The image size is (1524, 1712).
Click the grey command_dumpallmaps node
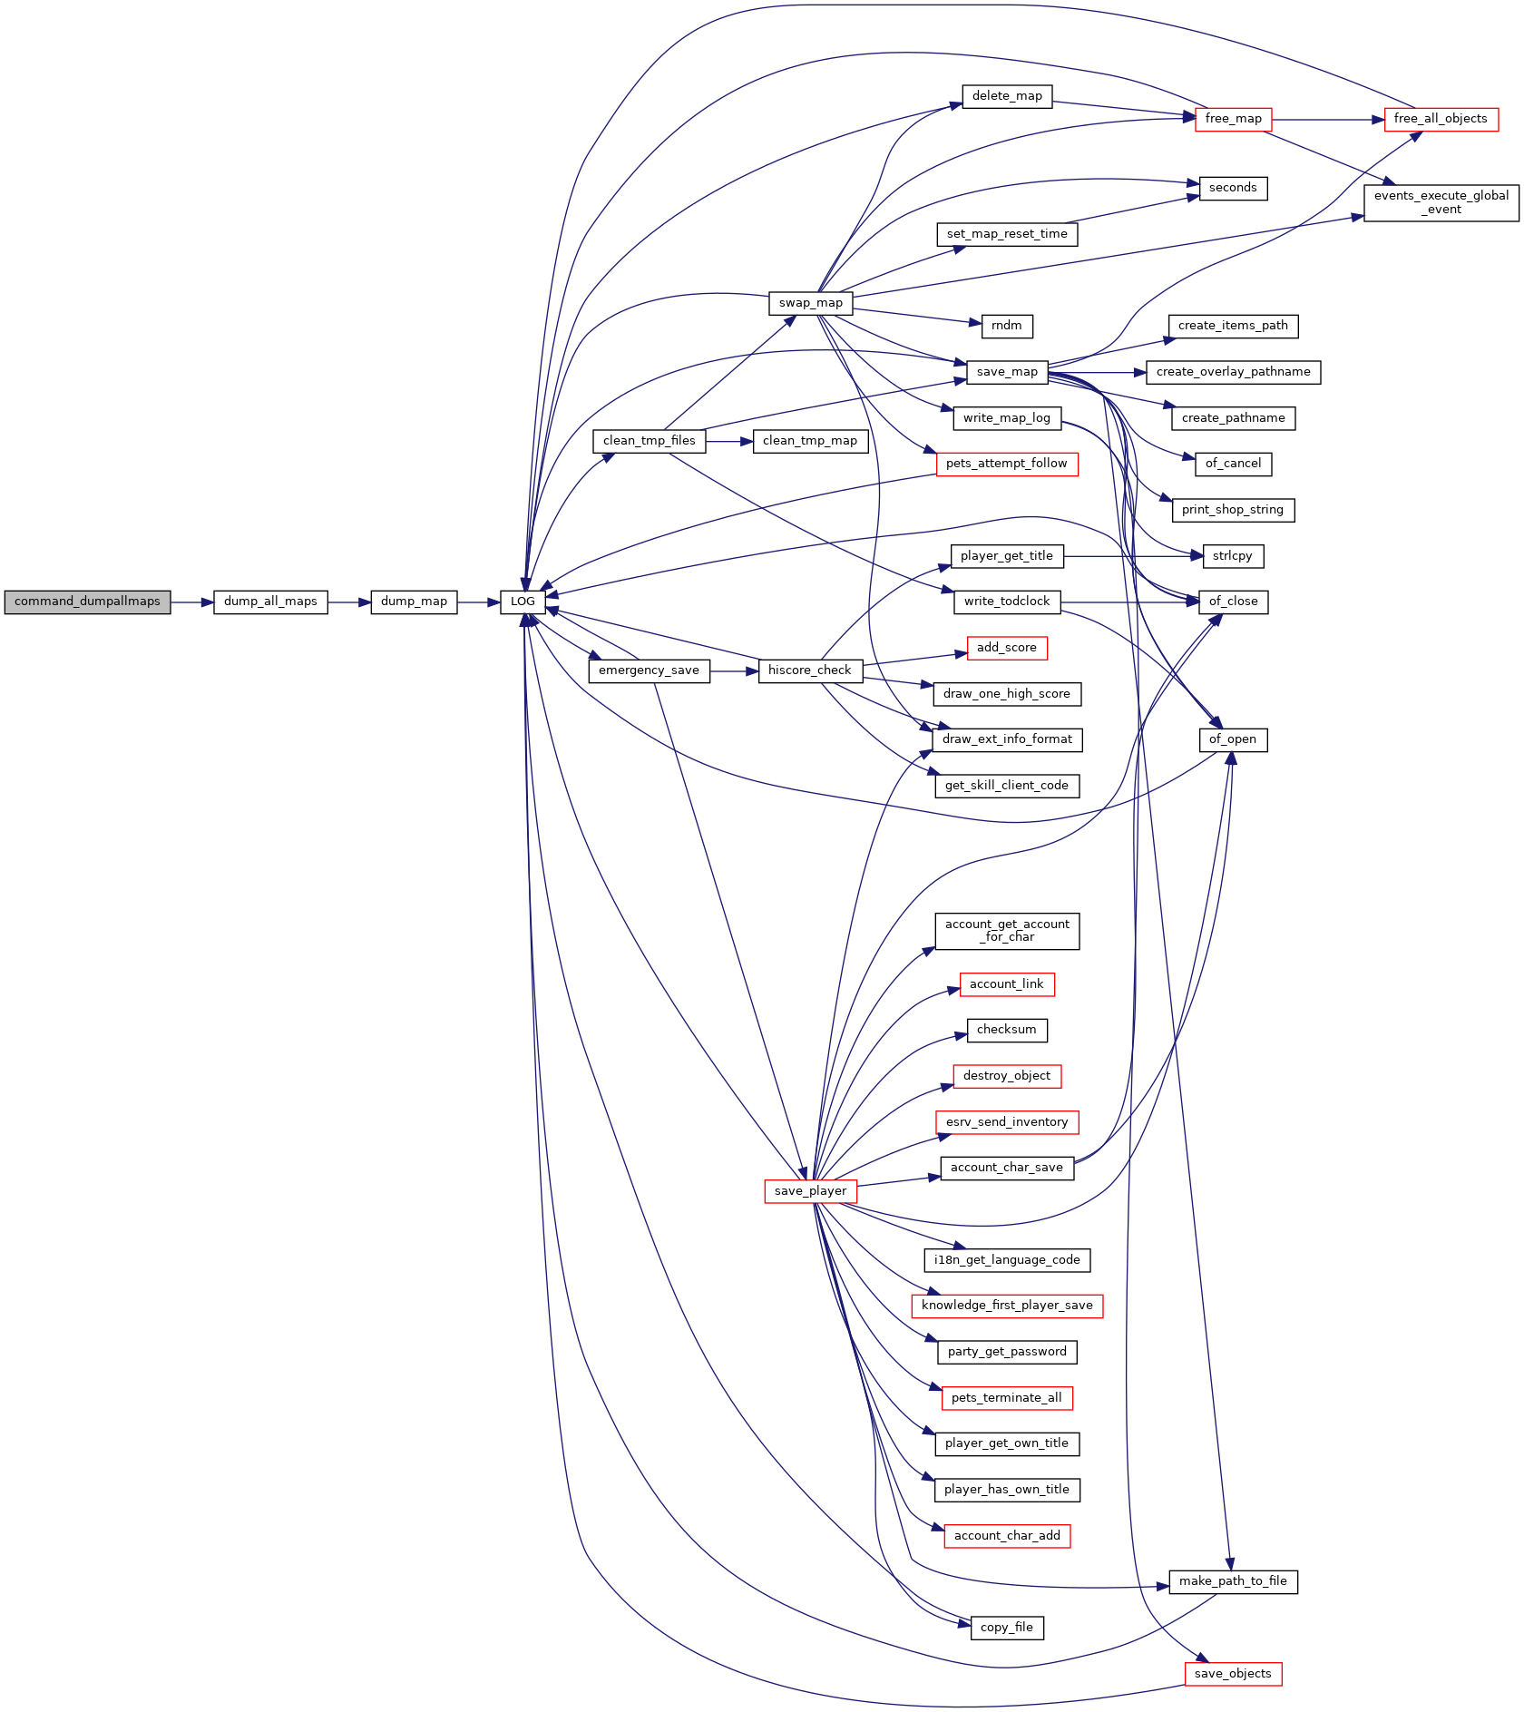(87, 602)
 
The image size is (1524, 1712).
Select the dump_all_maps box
(270, 602)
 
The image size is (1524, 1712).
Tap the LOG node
(523, 602)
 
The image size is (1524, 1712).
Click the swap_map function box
(810, 303)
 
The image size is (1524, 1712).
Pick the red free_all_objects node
(1441, 119)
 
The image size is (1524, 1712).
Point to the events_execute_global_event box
(1441, 202)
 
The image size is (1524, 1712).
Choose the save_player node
(810, 1191)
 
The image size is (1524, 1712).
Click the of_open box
(1233, 739)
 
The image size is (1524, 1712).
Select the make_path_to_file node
(1233, 1581)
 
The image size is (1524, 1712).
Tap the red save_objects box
(1233, 1674)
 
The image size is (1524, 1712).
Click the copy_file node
(1007, 1628)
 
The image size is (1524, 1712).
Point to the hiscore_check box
(810, 670)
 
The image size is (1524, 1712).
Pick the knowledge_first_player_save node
(1007, 1306)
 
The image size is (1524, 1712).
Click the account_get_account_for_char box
(1007, 931)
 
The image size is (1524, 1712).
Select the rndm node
(1007, 326)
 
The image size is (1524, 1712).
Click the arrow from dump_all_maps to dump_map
(349, 602)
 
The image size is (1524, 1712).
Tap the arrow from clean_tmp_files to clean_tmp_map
(729, 442)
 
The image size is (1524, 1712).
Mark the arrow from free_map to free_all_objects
(1328, 119)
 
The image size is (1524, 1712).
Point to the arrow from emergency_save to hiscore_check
(734, 671)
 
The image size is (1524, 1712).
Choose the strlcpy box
(1233, 556)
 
